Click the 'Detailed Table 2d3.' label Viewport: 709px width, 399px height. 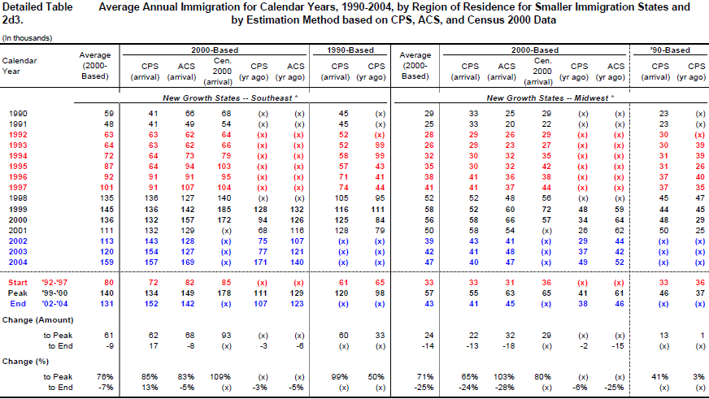point(37,14)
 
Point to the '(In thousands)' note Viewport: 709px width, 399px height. point(27,38)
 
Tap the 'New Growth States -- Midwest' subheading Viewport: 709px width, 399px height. point(550,98)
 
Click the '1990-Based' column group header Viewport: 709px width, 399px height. point(350,50)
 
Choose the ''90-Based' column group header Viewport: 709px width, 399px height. point(670,50)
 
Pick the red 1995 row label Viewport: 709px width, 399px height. point(18,167)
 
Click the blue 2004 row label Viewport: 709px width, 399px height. point(18,262)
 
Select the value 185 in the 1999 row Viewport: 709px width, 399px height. point(224,209)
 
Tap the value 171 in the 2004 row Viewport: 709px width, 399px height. point(260,262)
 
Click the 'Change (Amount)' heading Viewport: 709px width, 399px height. point(37,320)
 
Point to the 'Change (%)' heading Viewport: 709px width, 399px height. point(25,362)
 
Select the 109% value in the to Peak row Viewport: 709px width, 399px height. point(220,377)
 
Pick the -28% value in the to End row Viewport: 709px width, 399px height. point(505,388)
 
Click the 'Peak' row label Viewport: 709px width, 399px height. point(18,293)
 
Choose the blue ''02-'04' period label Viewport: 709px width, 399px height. point(54,304)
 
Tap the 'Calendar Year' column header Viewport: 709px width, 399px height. point(20,66)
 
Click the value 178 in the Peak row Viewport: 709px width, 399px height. point(224,293)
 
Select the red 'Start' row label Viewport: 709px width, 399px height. point(18,283)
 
